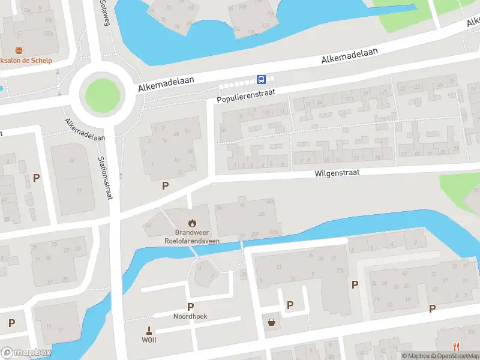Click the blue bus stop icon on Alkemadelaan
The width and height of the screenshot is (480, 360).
(x=262, y=79)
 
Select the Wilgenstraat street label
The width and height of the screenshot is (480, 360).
(x=338, y=173)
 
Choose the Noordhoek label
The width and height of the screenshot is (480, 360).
(x=191, y=316)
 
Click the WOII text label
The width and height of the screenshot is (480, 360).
(x=149, y=340)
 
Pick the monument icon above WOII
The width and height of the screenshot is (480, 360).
(x=149, y=329)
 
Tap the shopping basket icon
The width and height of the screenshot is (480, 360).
(x=272, y=323)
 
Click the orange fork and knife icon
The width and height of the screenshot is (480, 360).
(x=456, y=346)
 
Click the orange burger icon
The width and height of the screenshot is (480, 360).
(x=20, y=50)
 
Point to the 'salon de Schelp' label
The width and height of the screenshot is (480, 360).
(x=28, y=60)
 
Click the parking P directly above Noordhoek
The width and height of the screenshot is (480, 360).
(x=191, y=307)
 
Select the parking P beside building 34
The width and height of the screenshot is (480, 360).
(x=36, y=178)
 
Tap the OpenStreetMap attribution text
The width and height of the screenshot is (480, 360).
(x=460, y=356)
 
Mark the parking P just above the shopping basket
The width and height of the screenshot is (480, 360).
(x=290, y=305)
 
